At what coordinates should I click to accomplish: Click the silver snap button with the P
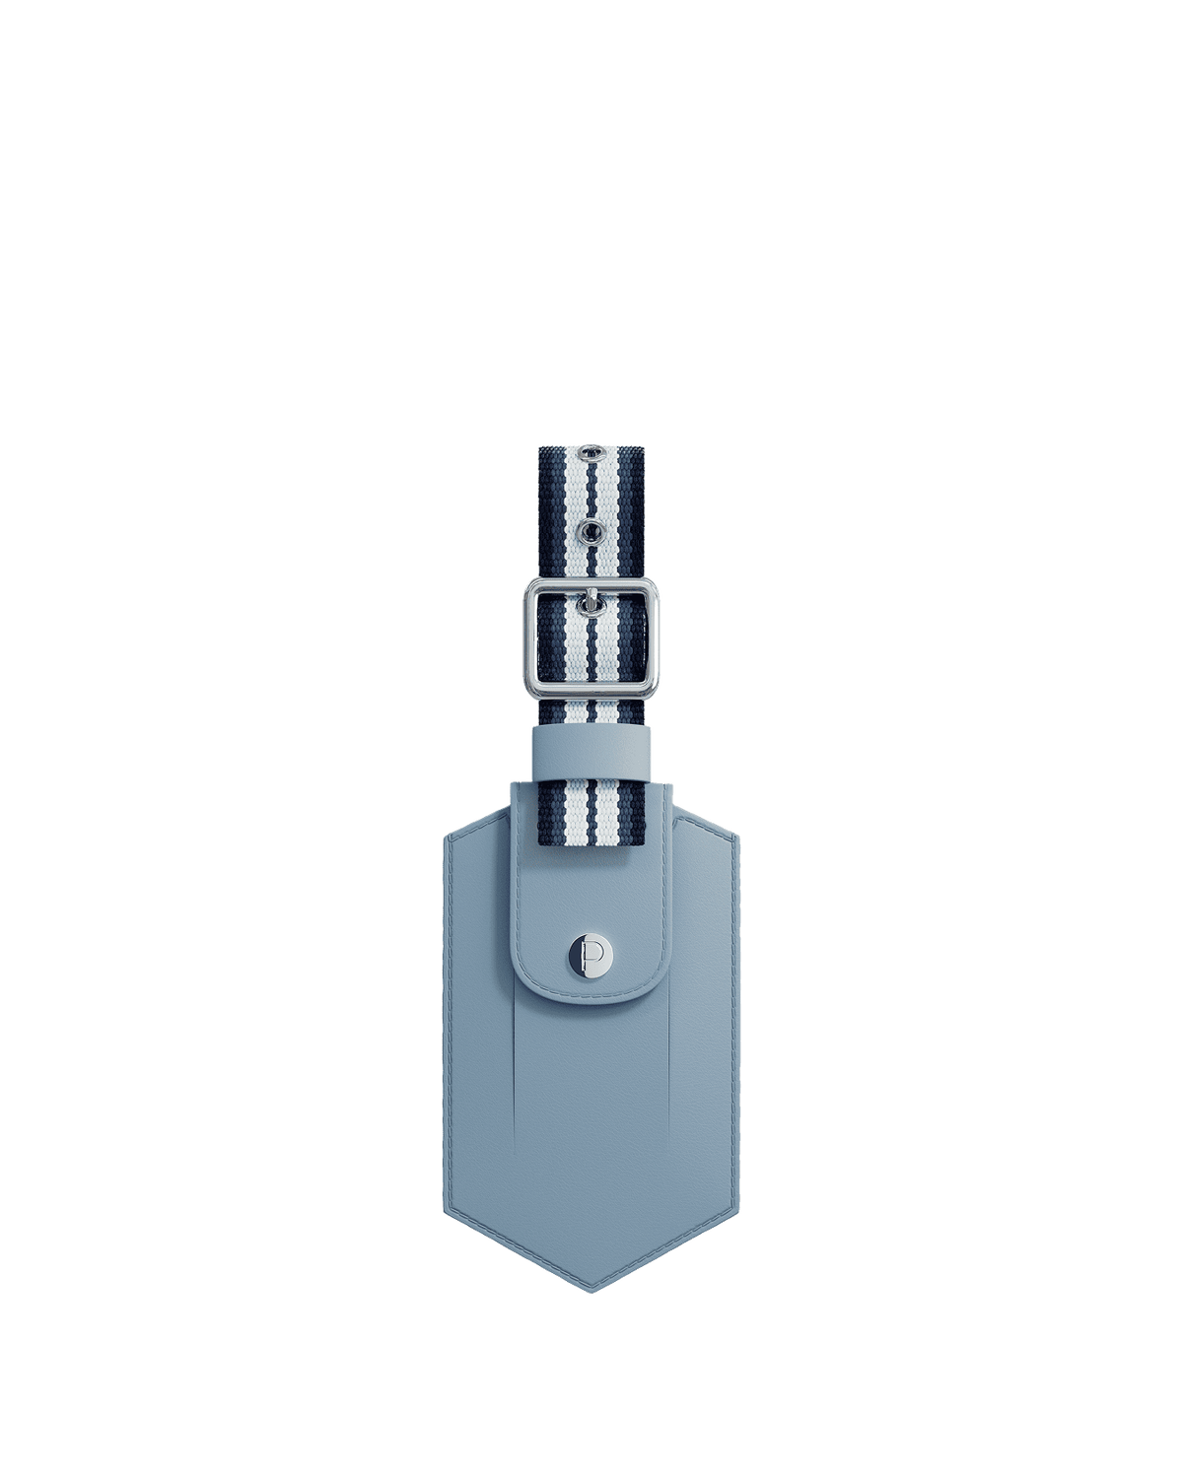(x=591, y=954)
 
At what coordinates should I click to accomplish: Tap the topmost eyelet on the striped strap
(x=590, y=452)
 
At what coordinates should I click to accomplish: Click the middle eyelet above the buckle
(x=591, y=510)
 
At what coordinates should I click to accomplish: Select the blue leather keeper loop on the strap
(x=591, y=752)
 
